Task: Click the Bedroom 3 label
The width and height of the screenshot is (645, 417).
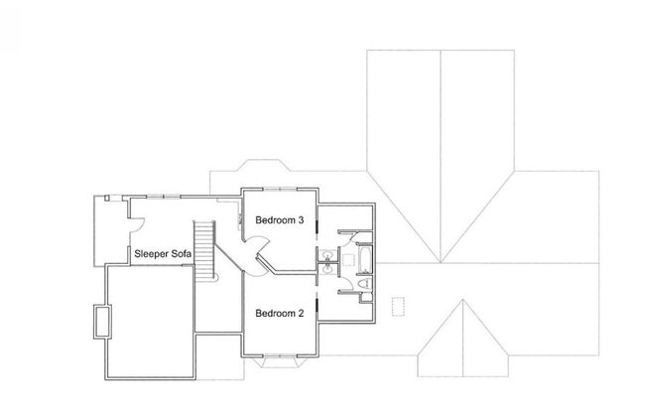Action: pyautogui.click(x=279, y=220)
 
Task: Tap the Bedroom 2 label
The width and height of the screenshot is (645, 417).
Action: pyautogui.click(x=279, y=314)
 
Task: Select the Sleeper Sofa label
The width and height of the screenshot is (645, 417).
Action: pyautogui.click(x=163, y=254)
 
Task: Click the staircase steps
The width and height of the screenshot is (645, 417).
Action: pyautogui.click(x=204, y=250)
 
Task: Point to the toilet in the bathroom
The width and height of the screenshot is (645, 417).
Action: pyautogui.click(x=364, y=283)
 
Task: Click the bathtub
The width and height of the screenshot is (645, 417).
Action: pyautogui.click(x=365, y=260)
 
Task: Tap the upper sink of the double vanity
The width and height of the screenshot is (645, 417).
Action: pyautogui.click(x=327, y=256)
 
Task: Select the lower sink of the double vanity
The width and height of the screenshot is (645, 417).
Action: pyautogui.click(x=327, y=269)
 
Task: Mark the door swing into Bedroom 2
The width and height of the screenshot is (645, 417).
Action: pyautogui.click(x=256, y=267)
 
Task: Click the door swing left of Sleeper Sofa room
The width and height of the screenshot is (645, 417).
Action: pyautogui.click(x=137, y=224)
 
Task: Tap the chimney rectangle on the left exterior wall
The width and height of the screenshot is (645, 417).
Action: pyautogui.click(x=102, y=322)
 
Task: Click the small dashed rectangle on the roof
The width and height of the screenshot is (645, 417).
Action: pyautogui.click(x=398, y=307)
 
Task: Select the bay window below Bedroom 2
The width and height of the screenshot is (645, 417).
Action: pyautogui.click(x=280, y=360)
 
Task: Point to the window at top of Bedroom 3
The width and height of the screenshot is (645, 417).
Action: pyautogui.click(x=280, y=189)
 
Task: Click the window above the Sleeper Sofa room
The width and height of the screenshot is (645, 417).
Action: pyautogui.click(x=164, y=197)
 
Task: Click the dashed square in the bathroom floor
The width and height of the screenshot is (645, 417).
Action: pyautogui.click(x=349, y=260)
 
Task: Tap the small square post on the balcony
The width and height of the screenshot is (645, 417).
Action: pyautogui.click(x=107, y=198)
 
